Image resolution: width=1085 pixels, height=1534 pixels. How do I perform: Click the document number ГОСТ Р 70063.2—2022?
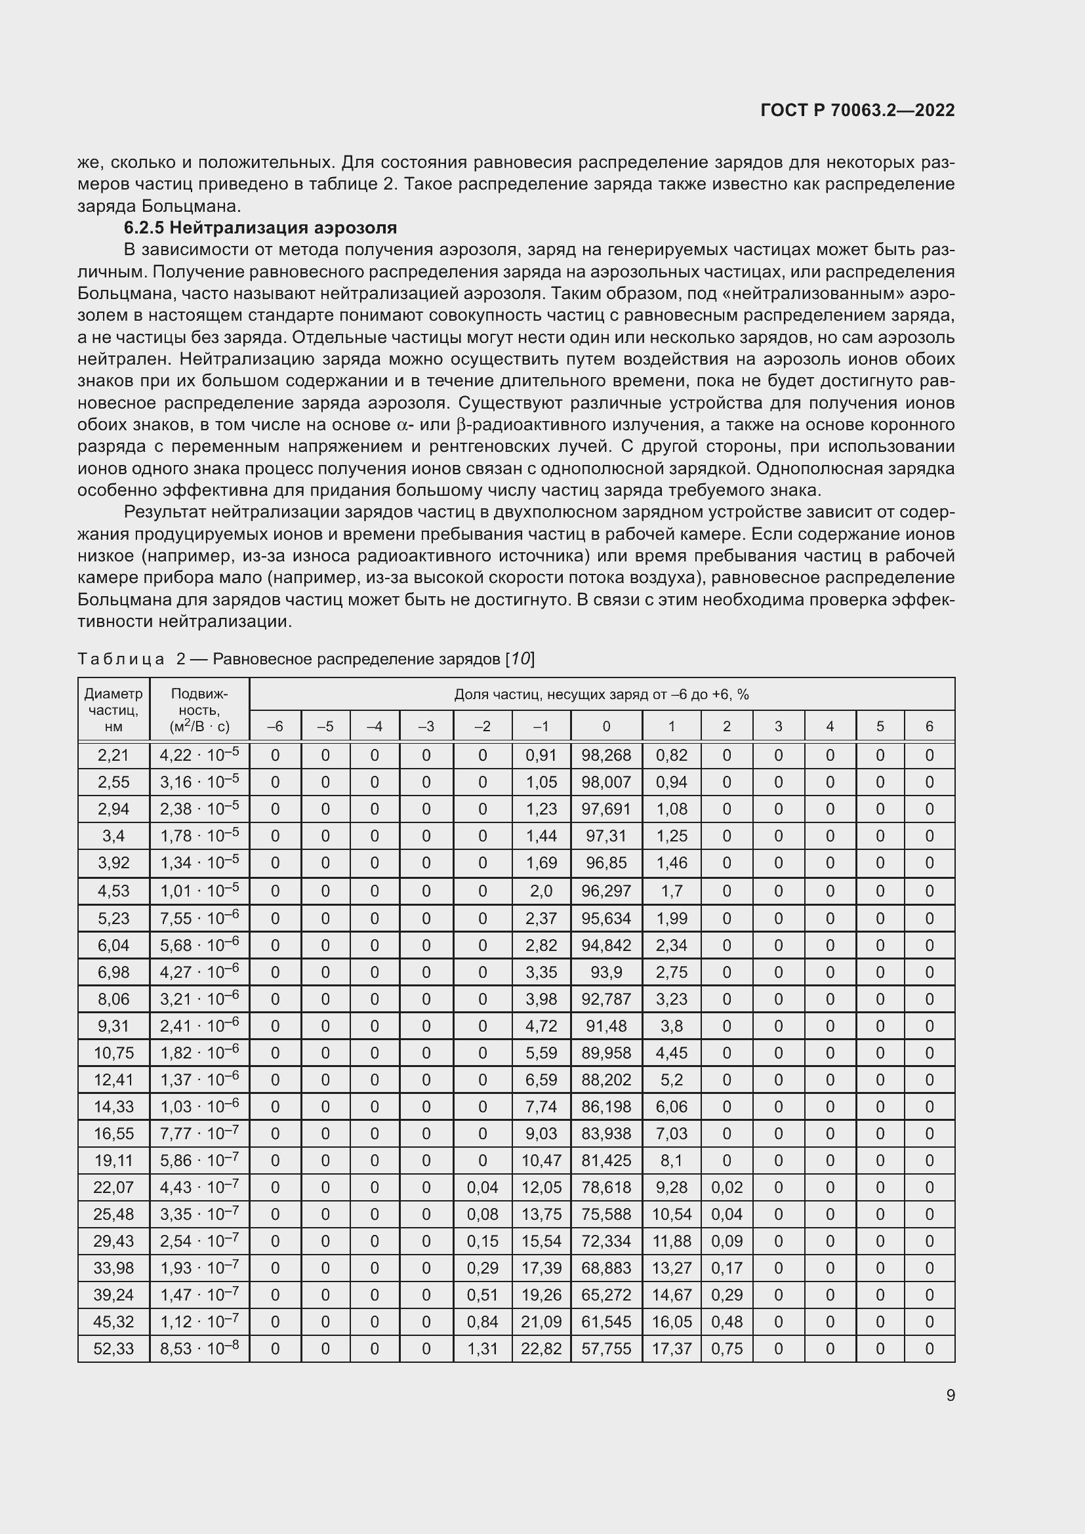(857, 110)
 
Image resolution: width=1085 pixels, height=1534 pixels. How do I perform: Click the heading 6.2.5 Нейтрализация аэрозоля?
(260, 228)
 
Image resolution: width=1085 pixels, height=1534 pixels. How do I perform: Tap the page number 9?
(950, 1395)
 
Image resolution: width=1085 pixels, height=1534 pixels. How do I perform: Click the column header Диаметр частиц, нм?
(113, 710)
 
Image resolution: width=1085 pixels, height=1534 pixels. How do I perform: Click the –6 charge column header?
(275, 726)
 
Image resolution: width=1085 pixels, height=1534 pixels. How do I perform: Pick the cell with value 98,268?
(606, 756)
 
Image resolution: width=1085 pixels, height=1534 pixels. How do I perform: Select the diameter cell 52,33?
(113, 1348)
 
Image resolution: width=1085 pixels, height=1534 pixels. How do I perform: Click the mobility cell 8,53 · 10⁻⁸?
(199, 1348)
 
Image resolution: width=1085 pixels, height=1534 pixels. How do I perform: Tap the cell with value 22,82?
(541, 1348)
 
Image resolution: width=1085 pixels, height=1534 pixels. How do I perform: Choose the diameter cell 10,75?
(113, 1053)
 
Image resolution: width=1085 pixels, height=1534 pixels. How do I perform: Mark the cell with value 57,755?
(606, 1348)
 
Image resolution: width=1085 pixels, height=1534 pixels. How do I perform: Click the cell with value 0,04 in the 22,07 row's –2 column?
(482, 1187)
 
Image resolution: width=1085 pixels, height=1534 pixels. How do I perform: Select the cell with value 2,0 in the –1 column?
(541, 891)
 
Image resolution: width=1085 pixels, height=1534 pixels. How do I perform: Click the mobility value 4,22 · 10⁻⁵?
(199, 756)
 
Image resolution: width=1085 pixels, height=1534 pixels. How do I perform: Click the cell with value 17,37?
(672, 1348)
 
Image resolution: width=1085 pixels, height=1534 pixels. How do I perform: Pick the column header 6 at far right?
(929, 726)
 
